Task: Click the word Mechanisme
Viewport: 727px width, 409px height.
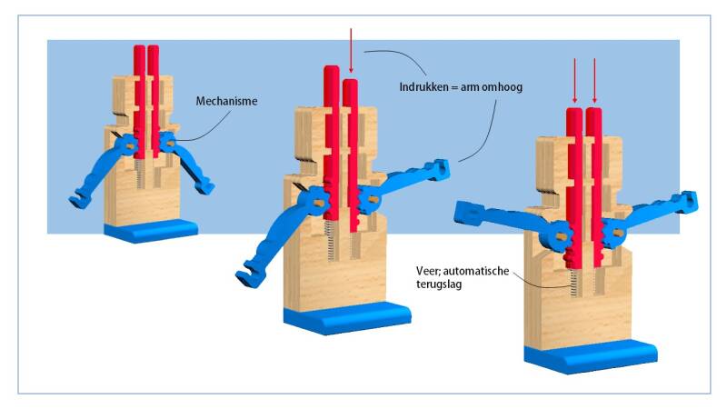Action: pos(226,101)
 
